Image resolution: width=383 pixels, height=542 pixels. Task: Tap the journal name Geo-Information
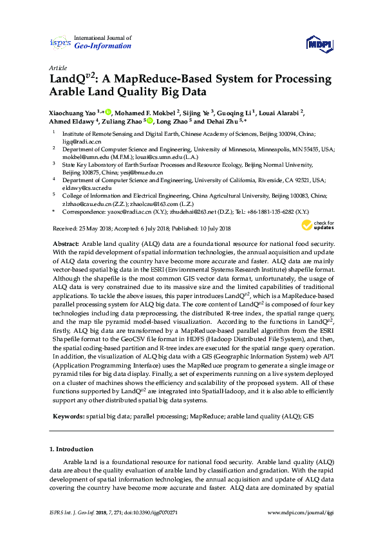pos(103,46)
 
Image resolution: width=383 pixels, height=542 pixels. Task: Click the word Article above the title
pos(57,68)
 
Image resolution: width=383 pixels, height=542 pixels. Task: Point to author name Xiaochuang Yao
pos(73,111)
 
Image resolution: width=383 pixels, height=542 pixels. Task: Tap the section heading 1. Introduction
pos(71,448)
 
